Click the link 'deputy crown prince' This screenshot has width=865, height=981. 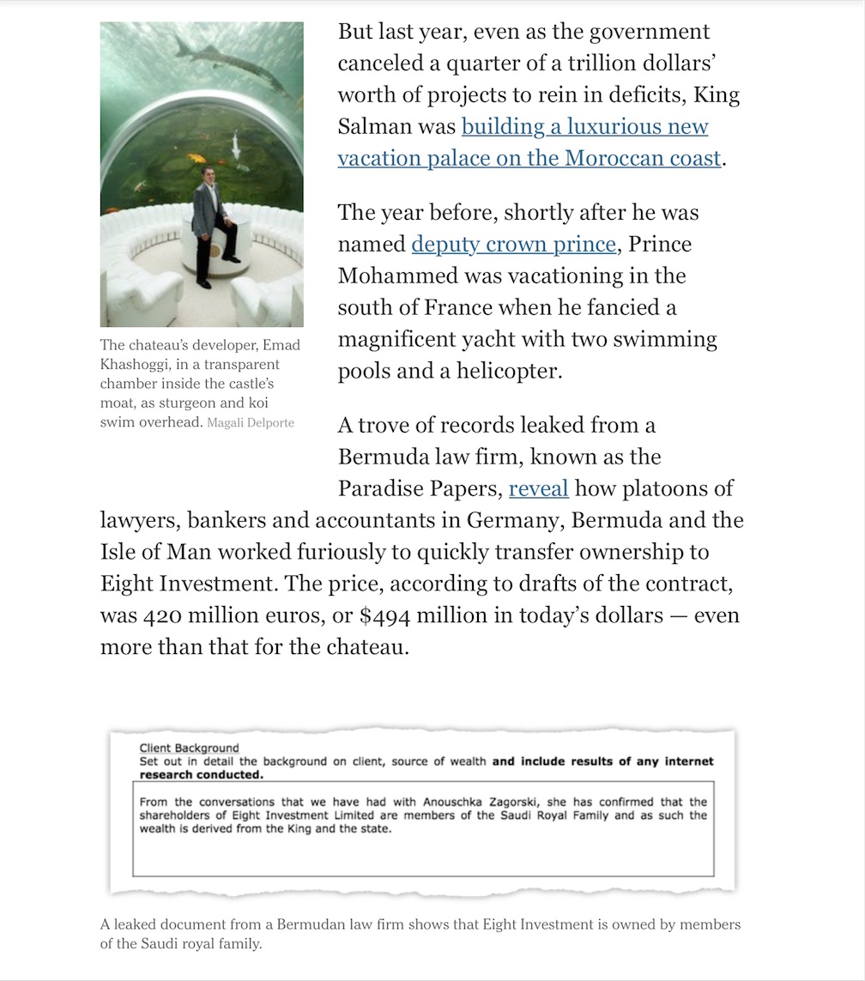pos(513,245)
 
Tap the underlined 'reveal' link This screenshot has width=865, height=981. pos(538,488)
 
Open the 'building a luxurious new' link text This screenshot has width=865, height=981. pos(584,127)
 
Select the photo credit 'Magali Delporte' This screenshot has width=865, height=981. pos(251,422)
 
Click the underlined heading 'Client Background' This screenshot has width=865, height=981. pos(189,748)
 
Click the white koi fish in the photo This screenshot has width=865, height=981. pos(235,145)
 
